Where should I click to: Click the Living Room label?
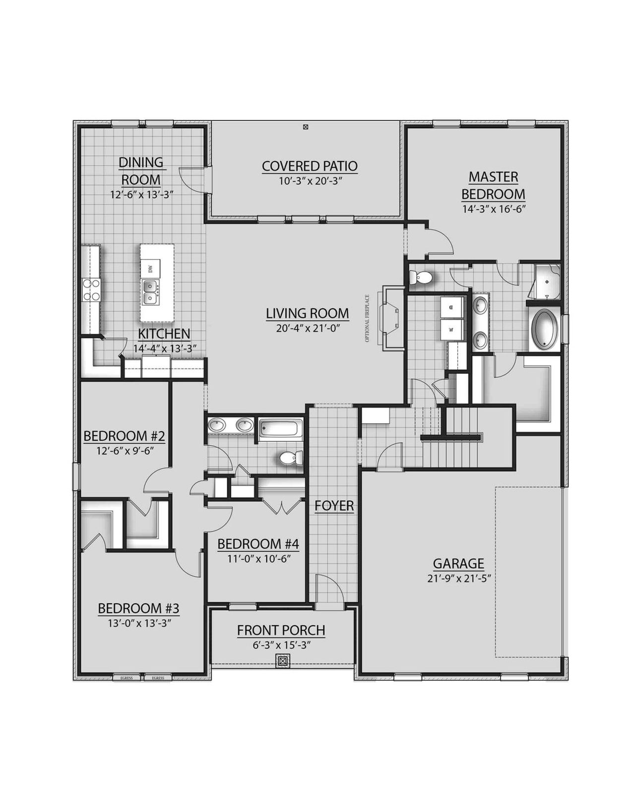pos(307,313)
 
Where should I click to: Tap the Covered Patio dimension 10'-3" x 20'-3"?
pos(310,181)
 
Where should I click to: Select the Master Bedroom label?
pos(493,185)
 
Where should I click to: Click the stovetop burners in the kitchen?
pos(91,290)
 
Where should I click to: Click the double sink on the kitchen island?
pos(150,292)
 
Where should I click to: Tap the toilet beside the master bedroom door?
pos(422,278)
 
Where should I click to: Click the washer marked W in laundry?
pos(451,329)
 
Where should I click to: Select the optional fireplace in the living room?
pos(389,317)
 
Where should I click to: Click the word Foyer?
pos(334,506)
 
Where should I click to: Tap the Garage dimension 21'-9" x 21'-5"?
pos(458,578)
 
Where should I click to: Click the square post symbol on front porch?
pos(283,660)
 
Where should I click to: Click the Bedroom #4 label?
pos(258,544)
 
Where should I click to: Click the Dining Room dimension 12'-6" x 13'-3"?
pos(141,195)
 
